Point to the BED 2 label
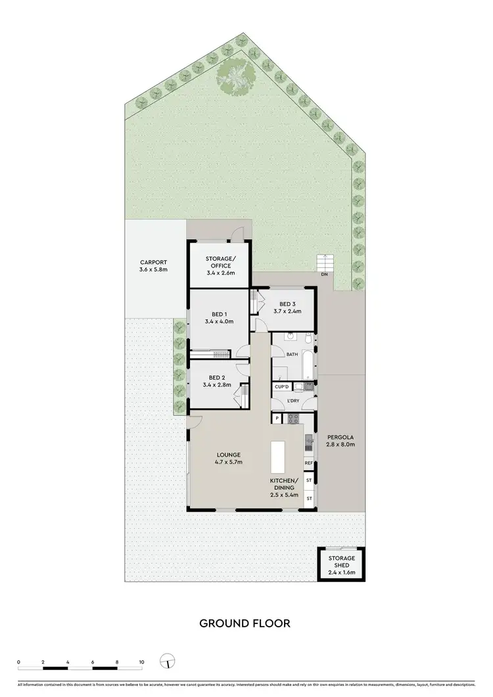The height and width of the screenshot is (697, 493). tap(217, 377)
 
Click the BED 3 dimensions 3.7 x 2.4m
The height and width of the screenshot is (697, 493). tap(287, 311)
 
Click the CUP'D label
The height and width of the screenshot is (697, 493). tap(283, 387)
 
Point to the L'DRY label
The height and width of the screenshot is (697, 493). tap(293, 401)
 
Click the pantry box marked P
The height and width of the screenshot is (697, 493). tap(277, 418)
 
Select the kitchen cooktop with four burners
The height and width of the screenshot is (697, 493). tap(293, 418)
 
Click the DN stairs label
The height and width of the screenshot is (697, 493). tap(325, 275)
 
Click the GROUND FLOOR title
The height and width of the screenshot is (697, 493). tap(245, 623)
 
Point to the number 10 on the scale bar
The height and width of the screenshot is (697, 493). tap(141, 662)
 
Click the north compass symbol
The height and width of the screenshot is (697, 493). tap(168, 662)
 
